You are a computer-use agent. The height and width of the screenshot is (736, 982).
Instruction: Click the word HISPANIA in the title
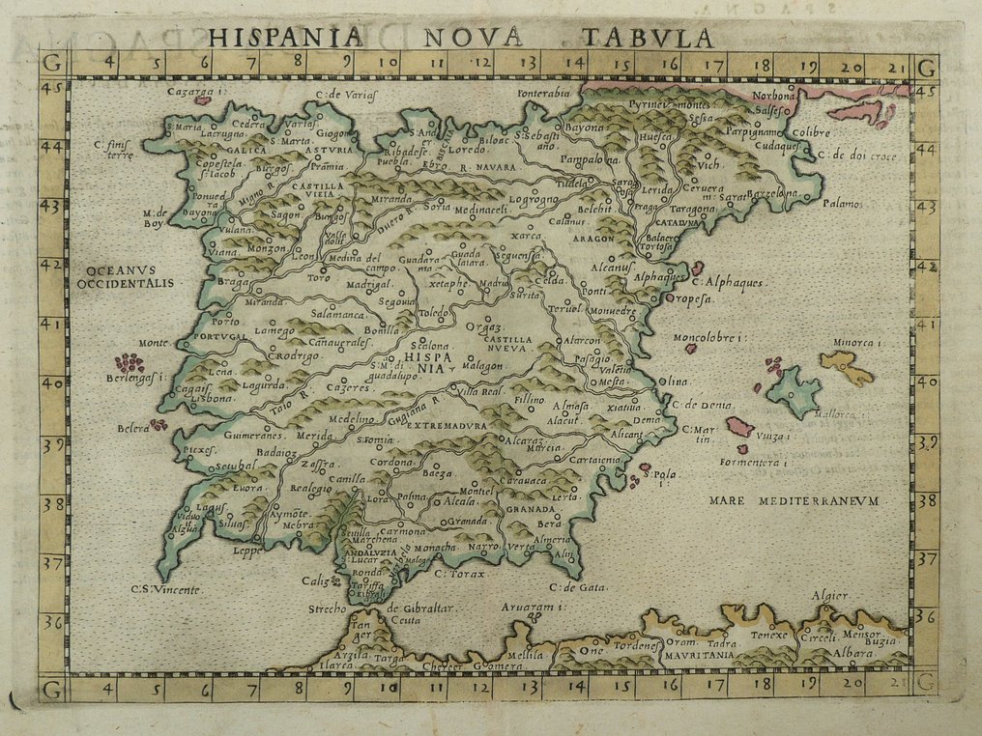tap(286, 38)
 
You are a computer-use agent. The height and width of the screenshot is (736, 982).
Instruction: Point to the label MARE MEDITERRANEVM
tap(792, 500)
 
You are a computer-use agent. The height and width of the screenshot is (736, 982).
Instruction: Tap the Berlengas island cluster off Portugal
tap(130, 363)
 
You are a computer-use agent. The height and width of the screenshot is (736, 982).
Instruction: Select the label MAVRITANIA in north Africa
tap(699, 655)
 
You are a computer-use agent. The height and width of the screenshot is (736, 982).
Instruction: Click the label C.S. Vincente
tap(167, 589)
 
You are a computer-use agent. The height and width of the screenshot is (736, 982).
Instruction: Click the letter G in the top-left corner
tap(52, 67)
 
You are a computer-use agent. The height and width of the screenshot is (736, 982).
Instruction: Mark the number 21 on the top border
tap(896, 67)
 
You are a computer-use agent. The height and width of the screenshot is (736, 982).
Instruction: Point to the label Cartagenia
tap(595, 461)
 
